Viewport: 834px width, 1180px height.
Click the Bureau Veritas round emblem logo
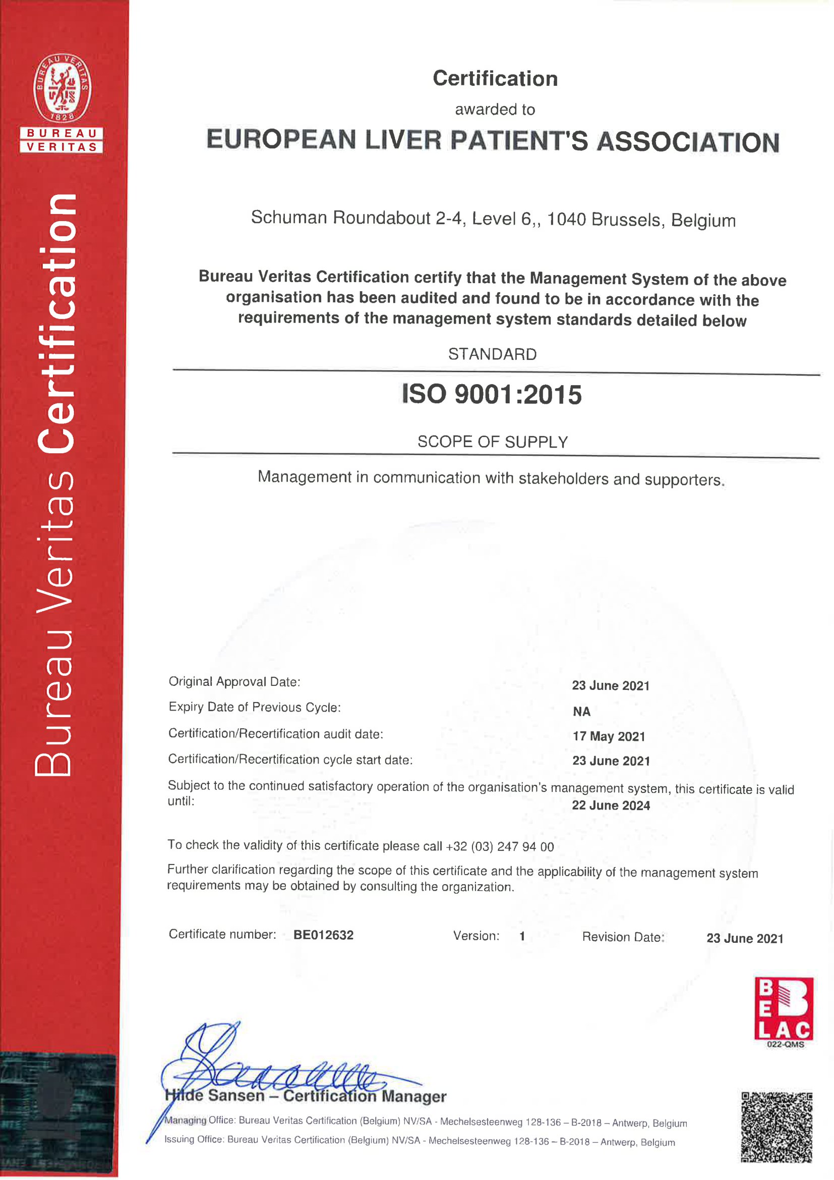[62, 88]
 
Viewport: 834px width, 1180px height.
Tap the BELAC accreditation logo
[783, 1009]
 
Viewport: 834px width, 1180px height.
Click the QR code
[777, 1127]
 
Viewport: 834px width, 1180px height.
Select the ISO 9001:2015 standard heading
[492, 395]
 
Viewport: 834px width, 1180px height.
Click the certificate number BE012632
[324, 935]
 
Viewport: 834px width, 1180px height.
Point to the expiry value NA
[581, 711]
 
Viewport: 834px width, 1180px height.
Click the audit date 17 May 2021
[609, 736]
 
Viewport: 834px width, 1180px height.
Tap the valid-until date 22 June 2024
[611, 806]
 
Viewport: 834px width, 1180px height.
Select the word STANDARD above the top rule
[492, 354]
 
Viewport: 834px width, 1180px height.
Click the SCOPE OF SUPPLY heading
[492, 442]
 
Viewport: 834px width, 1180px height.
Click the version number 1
[522, 936]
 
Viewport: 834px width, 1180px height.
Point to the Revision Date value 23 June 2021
[745, 938]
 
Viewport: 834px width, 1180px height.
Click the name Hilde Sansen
[215, 1095]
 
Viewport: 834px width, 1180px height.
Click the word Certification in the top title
[495, 79]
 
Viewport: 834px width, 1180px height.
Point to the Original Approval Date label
[234, 681]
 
